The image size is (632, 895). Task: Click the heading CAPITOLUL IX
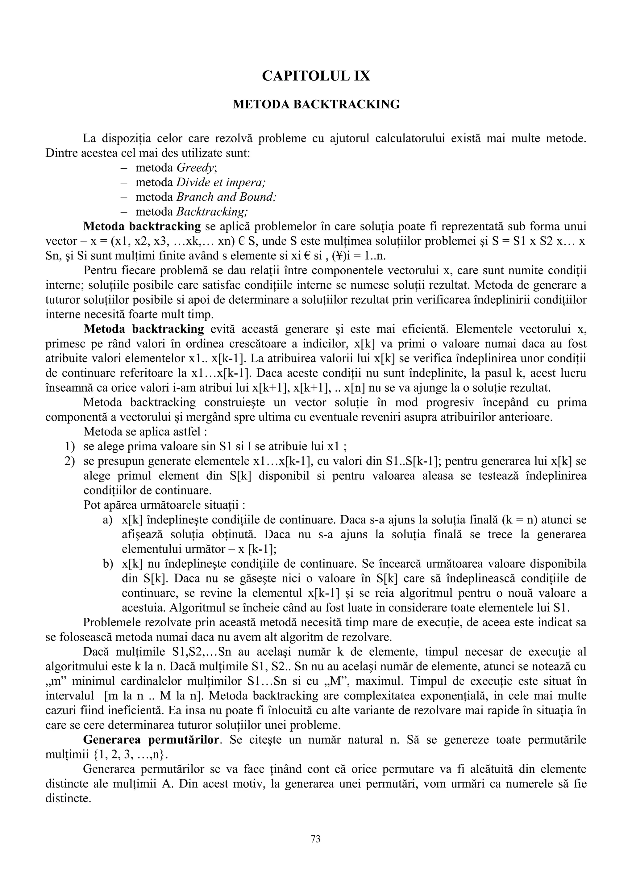pyautogui.click(x=316, y=76)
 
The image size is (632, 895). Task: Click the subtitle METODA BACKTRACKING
pyautogui.click(x=316, y=104)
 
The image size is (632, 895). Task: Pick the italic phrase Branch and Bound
pyautogui.click(x=226, y=197)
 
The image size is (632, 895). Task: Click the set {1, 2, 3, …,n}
pyautogui.click(x=131, y=755)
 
